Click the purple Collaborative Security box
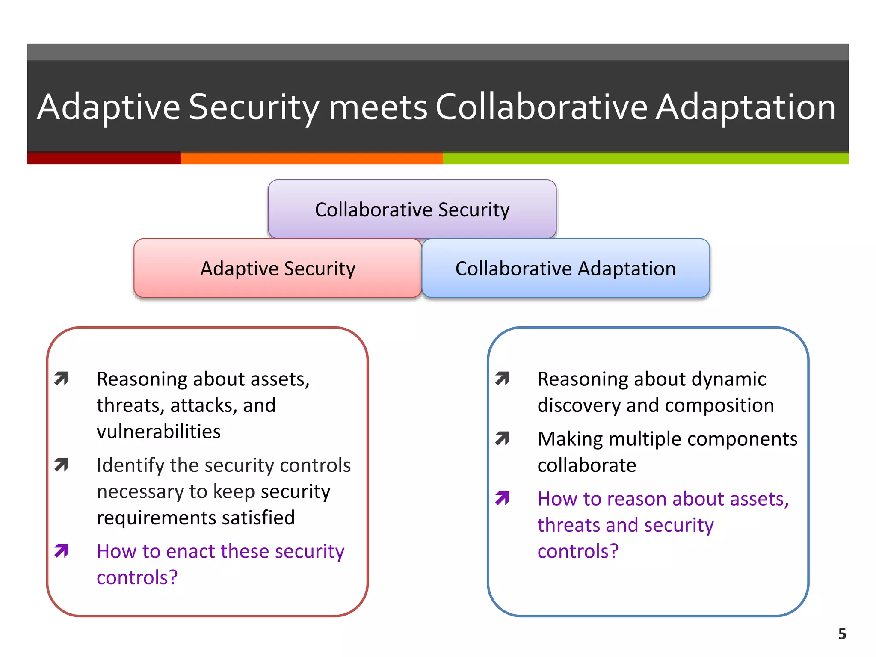coord(412,209)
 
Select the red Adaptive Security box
coord(278,268)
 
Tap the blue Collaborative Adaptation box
coord(565,268)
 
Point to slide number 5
coord(842,633)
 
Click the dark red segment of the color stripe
coord(104,158)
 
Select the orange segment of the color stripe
coord(311,158)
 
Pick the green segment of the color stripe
coord(645,158)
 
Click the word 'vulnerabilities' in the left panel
coord(159,432)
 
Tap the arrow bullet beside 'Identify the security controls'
coord(62,465)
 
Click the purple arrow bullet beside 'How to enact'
coord(62,550)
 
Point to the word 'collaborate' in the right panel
coord(586,465)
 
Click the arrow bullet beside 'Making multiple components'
coord(502,438)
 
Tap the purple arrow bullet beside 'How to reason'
coord(502,498)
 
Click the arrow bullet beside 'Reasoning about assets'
coord(62,379)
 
